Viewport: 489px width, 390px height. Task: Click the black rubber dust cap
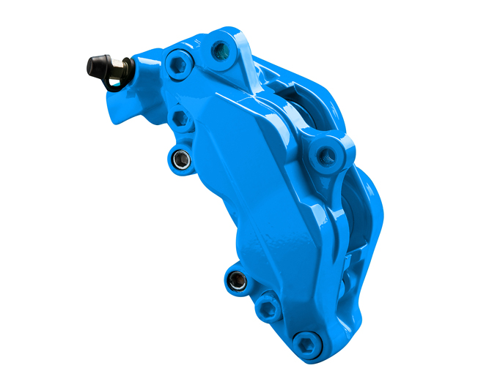(x=98, y=67)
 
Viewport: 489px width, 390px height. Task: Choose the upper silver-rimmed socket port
(x=179, y=157)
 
